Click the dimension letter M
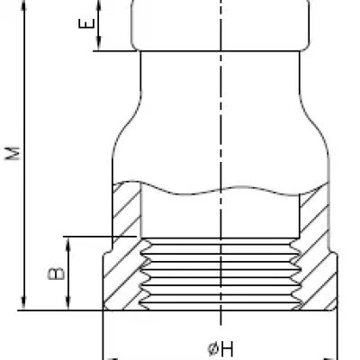tap(13, 153)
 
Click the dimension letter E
tap(86, 23)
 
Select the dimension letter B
tap(57, 274)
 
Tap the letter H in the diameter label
tap(227, 349)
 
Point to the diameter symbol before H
tap(212, 349)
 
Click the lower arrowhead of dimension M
tap(24, 303)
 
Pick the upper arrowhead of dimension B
tap(68, 245)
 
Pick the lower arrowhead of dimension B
tap(68, 303)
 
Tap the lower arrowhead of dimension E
tap(99, 43)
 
